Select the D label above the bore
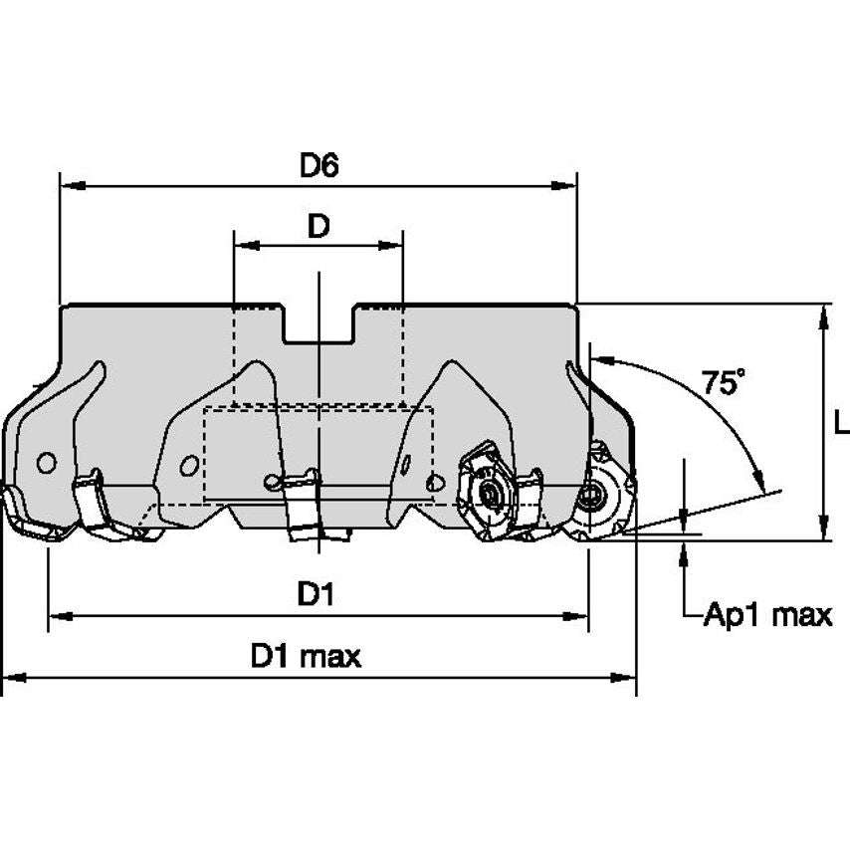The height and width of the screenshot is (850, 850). pos(318,227)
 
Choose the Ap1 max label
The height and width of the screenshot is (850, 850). pos(766,615)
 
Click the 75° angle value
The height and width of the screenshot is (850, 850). pos(724,382)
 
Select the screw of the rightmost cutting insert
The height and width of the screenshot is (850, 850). pos(595,492)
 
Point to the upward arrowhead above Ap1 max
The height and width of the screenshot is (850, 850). pos(685,552)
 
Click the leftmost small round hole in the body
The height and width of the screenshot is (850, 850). pos(45,462)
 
